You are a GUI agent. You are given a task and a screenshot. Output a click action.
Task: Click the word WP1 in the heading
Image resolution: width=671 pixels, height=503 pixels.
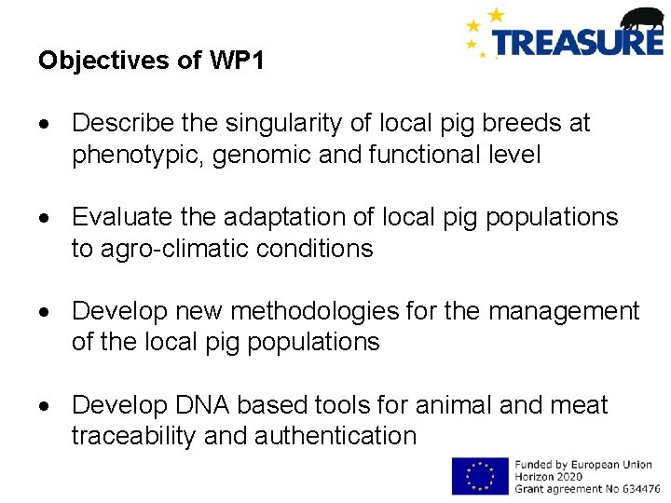pos(237,61)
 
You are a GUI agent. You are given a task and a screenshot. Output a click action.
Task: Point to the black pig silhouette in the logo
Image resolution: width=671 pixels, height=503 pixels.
pos(642,19)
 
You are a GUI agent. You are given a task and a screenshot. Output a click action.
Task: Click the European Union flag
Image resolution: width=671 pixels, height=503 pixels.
pos(480,475)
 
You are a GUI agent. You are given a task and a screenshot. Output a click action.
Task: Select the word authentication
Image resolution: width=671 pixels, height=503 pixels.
pos(339,436)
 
